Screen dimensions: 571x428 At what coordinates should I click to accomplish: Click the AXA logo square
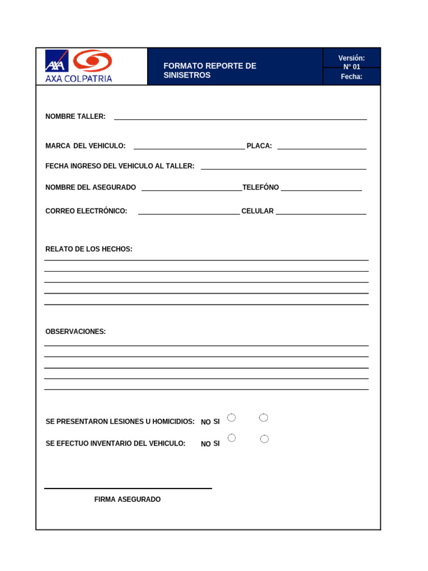57,61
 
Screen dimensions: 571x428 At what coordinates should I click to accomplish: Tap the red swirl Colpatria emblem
93,61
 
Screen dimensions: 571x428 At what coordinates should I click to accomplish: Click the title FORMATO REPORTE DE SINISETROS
210,70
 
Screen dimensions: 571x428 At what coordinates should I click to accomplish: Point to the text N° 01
352,67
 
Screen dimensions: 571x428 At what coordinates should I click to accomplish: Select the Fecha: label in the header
352,77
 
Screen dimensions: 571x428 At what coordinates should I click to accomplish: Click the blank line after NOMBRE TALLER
240,116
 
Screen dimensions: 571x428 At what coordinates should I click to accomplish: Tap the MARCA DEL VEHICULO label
85,146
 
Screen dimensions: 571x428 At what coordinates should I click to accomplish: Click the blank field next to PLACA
322,146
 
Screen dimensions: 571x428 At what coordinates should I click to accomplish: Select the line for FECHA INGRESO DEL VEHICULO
283,166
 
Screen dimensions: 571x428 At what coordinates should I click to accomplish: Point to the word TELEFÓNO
260,187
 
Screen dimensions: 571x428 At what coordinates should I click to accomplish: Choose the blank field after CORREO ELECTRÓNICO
188,211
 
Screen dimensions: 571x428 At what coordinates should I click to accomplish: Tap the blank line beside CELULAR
320,211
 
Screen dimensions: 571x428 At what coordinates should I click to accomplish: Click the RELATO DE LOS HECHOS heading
89,249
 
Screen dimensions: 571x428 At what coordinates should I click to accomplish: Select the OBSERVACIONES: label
75,332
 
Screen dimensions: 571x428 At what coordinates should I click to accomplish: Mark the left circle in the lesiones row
232,418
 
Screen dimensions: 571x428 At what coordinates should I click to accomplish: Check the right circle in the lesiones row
264,418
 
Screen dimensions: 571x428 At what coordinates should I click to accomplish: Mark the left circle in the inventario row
232,438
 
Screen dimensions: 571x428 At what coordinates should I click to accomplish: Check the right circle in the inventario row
264,439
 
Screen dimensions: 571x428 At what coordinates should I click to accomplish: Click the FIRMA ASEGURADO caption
128,500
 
